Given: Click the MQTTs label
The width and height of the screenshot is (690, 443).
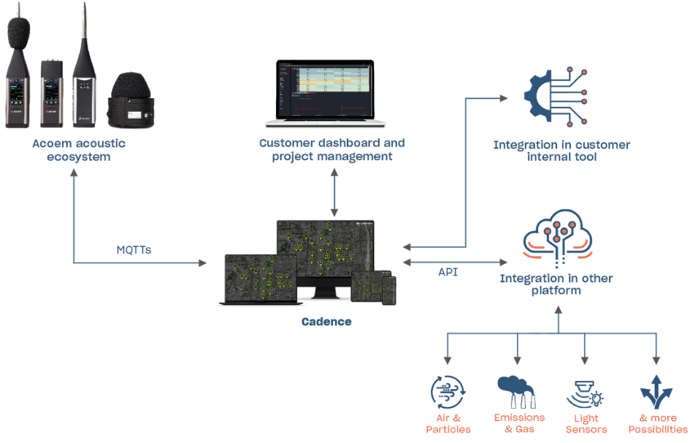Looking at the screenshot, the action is point(134,250).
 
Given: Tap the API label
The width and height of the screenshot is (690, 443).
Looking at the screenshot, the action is point(448,272).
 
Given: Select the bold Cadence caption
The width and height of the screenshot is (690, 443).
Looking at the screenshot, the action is point(326,322).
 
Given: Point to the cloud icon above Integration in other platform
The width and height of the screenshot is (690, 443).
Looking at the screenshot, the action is point(558,238).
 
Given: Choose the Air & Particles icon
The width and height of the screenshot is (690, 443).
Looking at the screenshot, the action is point(448,392).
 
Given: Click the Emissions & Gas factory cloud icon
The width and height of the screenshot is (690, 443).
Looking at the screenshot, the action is point(517,392).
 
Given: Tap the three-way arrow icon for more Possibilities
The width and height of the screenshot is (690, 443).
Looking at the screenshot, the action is point(656,392).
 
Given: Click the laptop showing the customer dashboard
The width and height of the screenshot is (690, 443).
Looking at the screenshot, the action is point(325,94).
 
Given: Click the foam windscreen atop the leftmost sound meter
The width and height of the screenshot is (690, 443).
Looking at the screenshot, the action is point(18,31).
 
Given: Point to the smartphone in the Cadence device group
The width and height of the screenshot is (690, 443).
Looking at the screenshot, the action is point(389,290).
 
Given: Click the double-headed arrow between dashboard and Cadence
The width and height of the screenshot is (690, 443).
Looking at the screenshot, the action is point(334,193).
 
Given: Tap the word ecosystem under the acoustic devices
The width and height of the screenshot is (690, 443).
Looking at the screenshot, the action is point(79,157).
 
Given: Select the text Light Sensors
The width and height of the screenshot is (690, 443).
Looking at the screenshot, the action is point(586,423).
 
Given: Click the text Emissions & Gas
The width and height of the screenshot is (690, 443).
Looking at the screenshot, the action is point(519,423).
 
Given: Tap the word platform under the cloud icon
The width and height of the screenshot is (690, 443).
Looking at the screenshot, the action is point(556,291).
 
